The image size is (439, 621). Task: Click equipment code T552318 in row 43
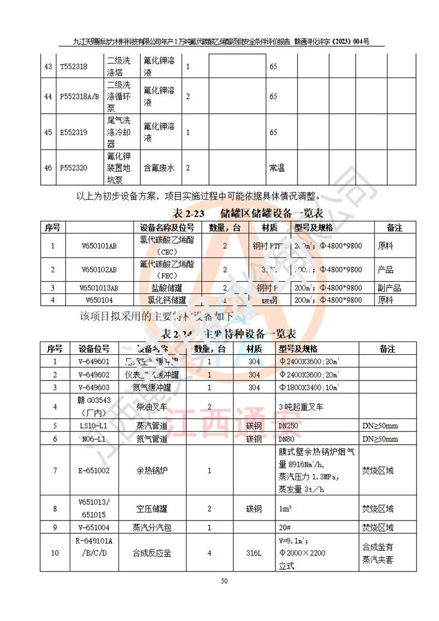pos(74,67)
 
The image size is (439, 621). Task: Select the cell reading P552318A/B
pos(79,97)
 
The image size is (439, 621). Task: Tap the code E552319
pos(74,132)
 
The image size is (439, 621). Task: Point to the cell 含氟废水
pos(159,168)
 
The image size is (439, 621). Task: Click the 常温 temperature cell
pos(277,168)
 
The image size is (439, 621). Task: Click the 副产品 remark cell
pos(390,288)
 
